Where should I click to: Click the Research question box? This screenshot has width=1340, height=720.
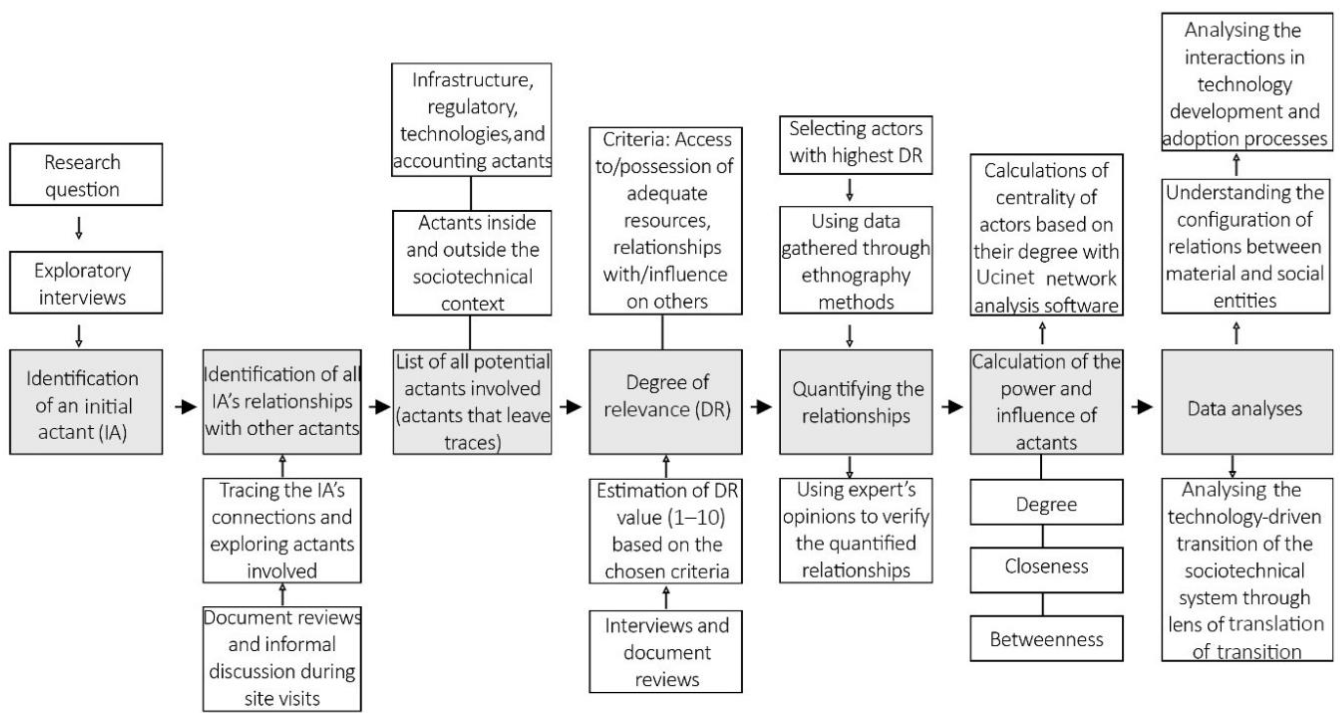pos(86,175)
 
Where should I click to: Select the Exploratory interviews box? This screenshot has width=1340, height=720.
pos(86,283)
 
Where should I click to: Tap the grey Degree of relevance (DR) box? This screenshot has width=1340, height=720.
pos(665,402)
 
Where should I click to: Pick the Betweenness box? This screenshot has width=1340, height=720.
pos(1046,639)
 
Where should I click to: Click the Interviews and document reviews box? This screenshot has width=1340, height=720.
pos(665,652)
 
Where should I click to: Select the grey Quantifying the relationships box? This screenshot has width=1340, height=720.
pos(856,402)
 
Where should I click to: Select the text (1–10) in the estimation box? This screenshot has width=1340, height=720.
pos(697,517)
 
